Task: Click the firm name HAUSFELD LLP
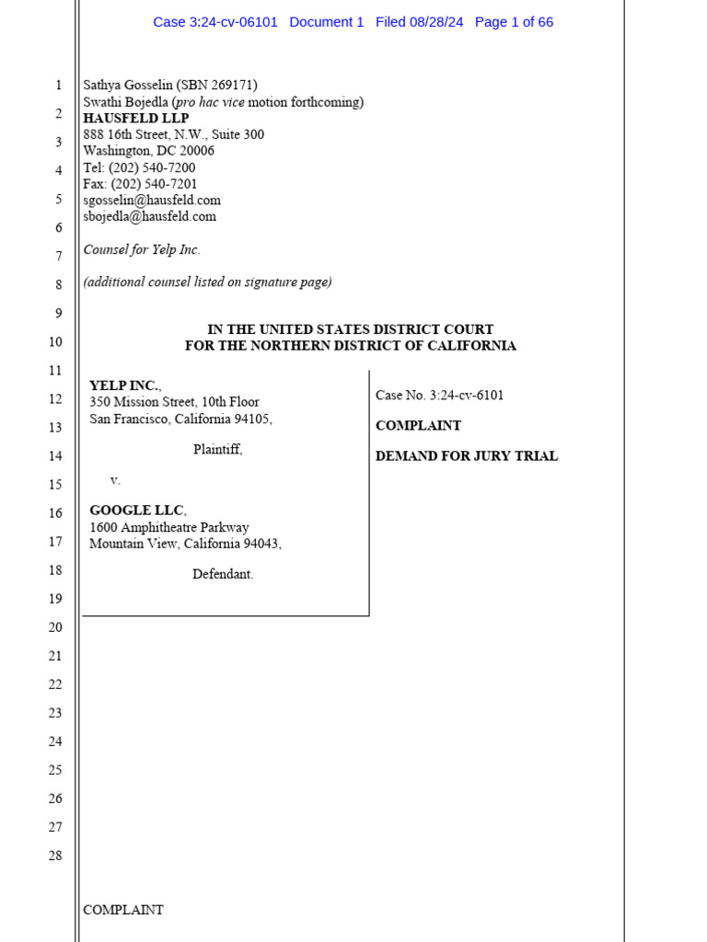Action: click(135, 119)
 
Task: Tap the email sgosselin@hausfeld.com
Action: click(152, 201)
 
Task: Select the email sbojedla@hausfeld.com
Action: click(149, 217)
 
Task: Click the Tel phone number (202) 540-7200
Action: click(152, 168)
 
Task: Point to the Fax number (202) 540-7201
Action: click(154, 184)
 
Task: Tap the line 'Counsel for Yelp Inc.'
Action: click(142, 249)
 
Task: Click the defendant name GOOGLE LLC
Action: click(137, 511)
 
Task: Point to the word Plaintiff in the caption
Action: click(217, 450)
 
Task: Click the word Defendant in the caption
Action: click(223, 574)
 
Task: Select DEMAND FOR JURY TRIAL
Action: click(466, 456)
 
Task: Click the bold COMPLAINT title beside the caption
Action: click(418, 426)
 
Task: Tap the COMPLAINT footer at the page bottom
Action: click(123, 910)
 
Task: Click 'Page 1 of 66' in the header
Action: click(514, 22)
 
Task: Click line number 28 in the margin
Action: click(55, 856)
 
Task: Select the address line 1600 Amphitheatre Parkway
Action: click(168, 528)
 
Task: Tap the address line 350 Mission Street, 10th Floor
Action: click(174, 402)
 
